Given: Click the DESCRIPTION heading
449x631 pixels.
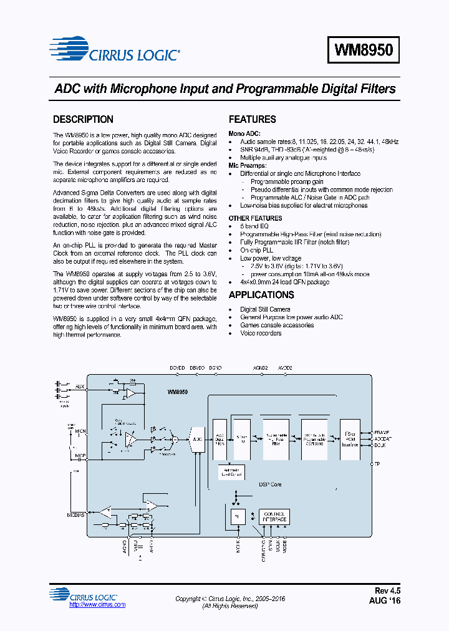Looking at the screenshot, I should (83, 120).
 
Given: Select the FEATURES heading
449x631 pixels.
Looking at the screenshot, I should (252, 120).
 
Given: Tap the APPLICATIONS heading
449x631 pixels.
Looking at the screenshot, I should (261, 295).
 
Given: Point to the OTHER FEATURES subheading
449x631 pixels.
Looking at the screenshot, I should (255, 218).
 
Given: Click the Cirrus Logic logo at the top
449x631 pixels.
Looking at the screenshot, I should (115, 51).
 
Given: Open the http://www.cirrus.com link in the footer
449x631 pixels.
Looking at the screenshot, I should (97, 605).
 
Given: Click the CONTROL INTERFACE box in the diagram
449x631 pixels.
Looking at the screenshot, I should (274, 517).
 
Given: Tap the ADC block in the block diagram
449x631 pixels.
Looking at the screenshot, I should (197, 439).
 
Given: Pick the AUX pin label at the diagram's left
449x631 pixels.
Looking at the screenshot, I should (79, 387).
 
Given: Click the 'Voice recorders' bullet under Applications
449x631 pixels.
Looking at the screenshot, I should (261, 333).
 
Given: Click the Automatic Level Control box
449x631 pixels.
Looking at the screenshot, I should (231, 472).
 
